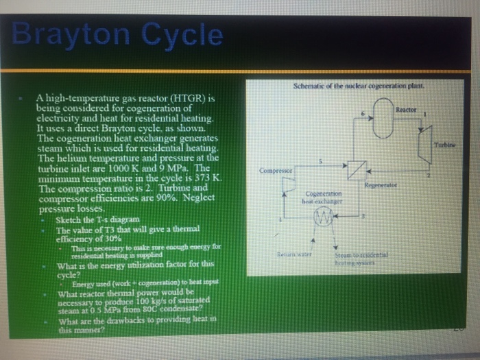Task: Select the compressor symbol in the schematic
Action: [x=287, y=183]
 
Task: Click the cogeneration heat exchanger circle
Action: [x=323, y=218]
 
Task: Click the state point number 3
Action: [x=364, y=215]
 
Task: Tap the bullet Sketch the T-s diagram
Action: [x=95, y=220]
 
